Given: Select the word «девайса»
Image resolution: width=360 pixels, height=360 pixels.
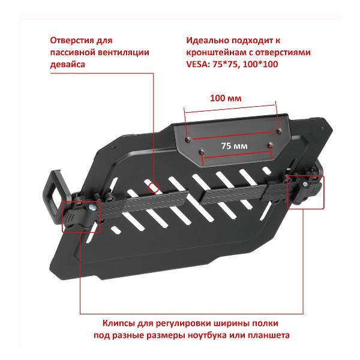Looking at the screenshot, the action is point(67,64).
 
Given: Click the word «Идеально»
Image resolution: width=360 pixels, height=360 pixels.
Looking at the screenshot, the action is point(207,40).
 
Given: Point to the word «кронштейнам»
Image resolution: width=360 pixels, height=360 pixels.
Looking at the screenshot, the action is point(216,52).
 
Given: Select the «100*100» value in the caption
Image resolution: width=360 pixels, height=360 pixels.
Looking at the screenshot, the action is point(260,64).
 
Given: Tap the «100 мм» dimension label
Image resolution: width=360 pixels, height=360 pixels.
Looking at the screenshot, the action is point(226,98).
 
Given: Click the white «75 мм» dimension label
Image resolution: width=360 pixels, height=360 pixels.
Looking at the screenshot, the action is point(235,146).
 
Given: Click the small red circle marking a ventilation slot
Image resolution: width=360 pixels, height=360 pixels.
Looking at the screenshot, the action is point(154,187).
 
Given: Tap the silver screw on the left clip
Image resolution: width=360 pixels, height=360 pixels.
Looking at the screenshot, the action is point(92,208).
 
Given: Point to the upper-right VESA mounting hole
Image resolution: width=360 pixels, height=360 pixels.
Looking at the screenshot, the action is point(279,131).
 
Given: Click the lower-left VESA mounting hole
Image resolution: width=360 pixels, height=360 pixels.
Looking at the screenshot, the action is point(202,152).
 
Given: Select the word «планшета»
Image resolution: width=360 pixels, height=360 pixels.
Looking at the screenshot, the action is point(268,335).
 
